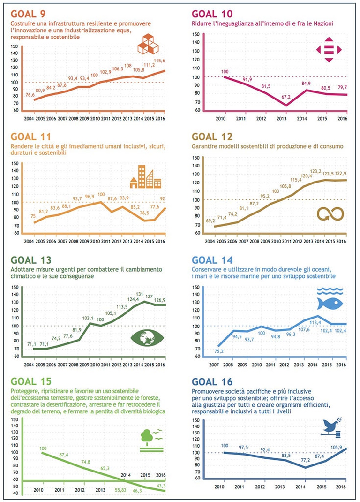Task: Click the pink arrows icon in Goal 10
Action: coord(329,50)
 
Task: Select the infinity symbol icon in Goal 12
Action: coord(330,213)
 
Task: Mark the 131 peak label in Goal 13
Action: coord(140,294)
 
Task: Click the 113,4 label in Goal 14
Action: coord(316,310)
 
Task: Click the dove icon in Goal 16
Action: coord(331,426)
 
